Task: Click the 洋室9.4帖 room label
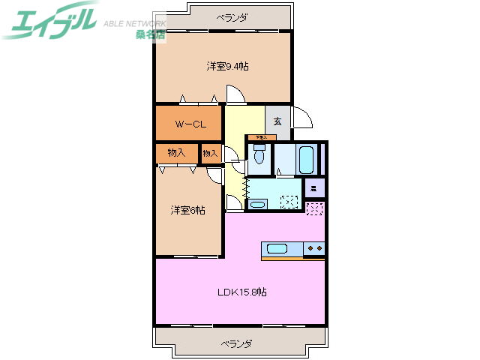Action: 228,67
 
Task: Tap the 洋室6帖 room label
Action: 187,210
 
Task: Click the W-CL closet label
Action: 190,124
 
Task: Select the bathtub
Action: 305,158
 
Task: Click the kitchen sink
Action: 277,249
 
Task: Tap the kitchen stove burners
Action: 314,247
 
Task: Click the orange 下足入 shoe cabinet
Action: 259,137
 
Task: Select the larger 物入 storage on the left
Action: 176,153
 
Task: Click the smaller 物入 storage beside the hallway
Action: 210,154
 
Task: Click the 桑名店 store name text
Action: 150,34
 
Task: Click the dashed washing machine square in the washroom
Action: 289,202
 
